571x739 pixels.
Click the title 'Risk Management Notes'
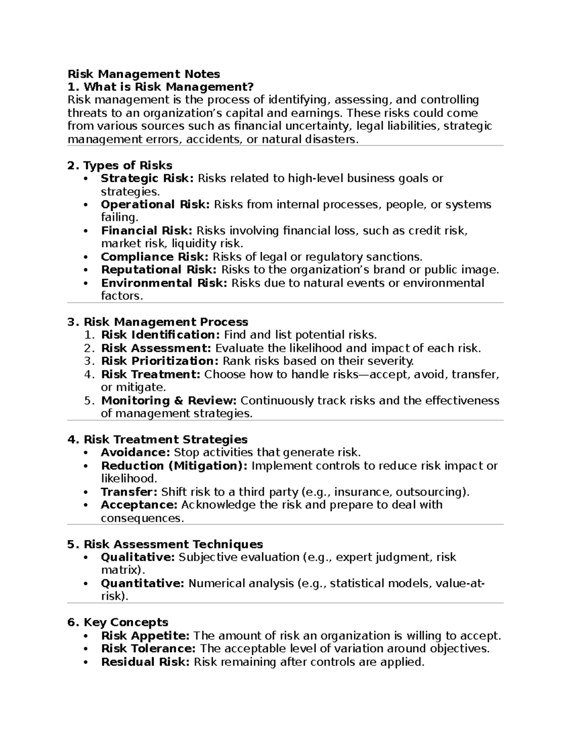click(x=144, y=74)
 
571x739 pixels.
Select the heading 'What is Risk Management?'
click(x=168, y=87)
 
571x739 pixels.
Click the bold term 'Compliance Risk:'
click(x=155, y=257)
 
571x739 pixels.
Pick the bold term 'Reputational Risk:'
click(x=159, y=270)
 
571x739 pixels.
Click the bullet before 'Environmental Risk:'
click(x=86, y=283)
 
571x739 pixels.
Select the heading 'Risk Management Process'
click(x=166, y=322)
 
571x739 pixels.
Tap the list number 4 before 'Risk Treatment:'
click(x=89, y=374)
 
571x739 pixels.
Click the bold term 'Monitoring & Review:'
click(x=169, y=401)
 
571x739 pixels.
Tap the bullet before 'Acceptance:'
click(x=86, y=505)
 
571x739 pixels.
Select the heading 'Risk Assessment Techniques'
click(x=173, y=544)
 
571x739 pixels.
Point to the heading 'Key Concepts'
click(x=126, y=622)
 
